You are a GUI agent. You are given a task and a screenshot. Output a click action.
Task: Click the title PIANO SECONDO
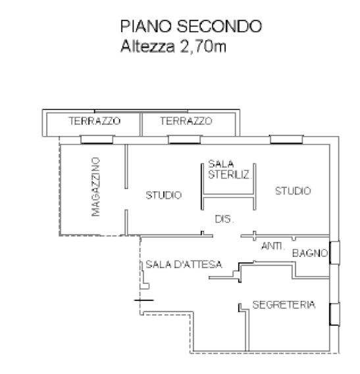[191, 26]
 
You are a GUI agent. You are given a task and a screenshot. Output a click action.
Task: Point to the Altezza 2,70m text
[174, 46]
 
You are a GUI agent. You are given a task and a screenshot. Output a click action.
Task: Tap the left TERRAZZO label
[95, 121]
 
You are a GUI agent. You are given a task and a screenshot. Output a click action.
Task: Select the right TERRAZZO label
[186, 121]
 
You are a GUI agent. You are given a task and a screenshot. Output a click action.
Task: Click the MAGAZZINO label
[96, 187]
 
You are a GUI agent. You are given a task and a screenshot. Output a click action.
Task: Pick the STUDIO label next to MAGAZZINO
[164, 195]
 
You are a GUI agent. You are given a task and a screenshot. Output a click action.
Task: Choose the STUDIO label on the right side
[293, 191]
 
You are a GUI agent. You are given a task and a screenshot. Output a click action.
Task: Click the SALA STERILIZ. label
[230, 170]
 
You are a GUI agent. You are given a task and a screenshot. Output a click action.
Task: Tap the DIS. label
[224, 219]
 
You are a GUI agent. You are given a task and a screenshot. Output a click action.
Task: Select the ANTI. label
[273, 246]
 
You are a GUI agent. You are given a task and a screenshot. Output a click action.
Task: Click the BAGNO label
[310, 253]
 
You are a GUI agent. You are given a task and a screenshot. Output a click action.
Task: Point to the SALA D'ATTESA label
[184, 264]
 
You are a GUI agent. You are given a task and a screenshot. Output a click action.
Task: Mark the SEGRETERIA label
[284, 304]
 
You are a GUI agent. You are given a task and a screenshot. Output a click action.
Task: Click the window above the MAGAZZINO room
[97, 140]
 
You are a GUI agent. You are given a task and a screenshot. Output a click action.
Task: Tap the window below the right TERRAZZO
[184, 140]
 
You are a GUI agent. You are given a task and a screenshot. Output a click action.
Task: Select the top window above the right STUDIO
[286, 140]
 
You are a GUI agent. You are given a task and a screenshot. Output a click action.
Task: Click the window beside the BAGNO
[335, 253]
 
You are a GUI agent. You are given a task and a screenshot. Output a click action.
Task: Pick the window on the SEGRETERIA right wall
[335, 314]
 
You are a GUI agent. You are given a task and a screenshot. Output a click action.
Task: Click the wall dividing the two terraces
[141, 124]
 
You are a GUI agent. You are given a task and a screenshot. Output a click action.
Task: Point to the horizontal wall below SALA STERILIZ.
[228, 196]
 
